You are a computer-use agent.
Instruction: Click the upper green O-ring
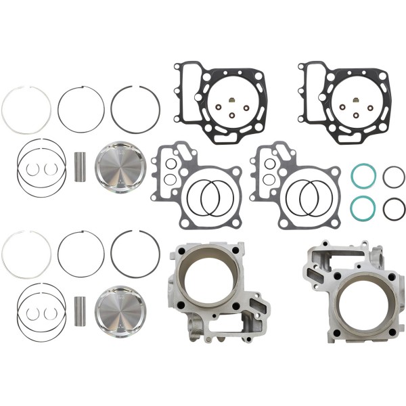tap(363, 177)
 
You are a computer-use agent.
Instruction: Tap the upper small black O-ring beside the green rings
tap(393, 177)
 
